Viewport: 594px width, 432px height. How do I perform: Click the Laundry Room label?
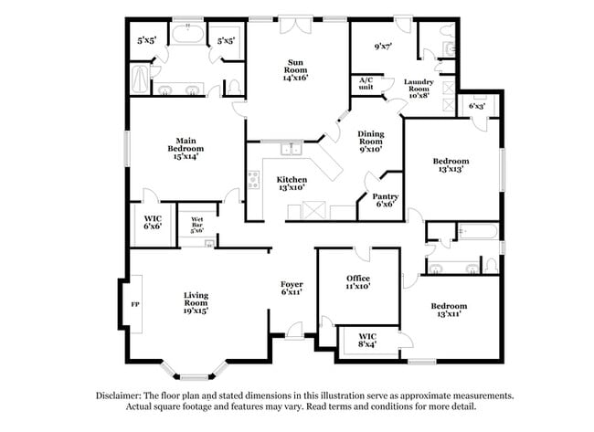[x=424, y=88]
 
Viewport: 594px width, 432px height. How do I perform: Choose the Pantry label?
[x=384, y=199]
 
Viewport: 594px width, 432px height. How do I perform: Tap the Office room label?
[x=357, y=281]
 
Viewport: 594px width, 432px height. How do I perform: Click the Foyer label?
[x=292, y=289]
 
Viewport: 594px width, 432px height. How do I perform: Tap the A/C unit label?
[x=366, y=84]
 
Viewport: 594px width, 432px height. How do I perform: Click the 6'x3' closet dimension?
[x=475, y=106]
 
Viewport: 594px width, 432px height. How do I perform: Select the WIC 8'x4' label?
[x=367, y=340]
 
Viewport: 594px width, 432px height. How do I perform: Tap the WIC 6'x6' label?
[x=153, y=222]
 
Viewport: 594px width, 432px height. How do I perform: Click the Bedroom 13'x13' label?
[x=451, y=165]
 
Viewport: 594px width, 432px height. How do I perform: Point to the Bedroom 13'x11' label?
[x=449, y=310]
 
